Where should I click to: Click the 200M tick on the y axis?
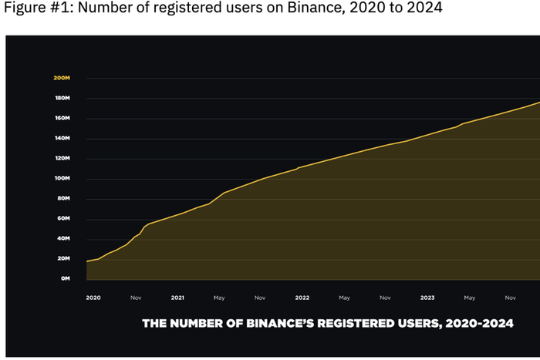62,79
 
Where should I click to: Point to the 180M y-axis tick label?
62,99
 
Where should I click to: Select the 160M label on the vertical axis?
62,119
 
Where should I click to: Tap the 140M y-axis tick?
62,139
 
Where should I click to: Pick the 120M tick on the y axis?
62,159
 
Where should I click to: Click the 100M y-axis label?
62,179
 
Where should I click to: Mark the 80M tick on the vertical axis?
63,198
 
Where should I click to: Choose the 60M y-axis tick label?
63,218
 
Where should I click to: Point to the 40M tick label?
63,238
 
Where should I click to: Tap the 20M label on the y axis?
63,258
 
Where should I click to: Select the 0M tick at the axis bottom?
65,278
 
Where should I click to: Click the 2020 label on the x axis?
93,297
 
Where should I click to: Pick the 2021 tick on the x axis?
177,297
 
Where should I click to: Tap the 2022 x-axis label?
302,297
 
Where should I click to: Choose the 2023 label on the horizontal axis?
427,297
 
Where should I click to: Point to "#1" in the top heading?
60,8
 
